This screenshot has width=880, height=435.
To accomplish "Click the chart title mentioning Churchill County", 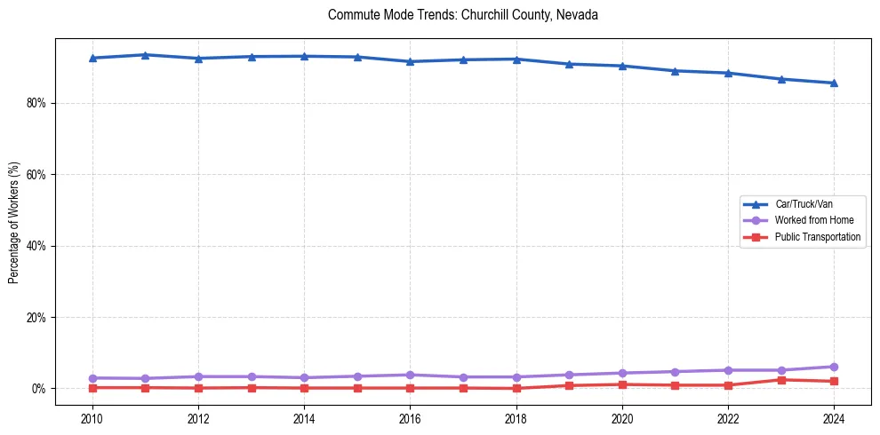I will click(463, 15).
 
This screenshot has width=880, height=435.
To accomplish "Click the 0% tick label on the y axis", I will click(38, 389).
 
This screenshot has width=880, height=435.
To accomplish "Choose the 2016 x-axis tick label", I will click(410, 419).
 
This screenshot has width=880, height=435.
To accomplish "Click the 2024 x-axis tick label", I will click(834, 419).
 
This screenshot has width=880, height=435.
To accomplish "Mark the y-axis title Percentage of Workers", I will click(14, 222).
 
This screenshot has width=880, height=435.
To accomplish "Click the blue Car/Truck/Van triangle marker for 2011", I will click(146, 55).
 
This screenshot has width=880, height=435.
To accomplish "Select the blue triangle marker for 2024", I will click(834, 83).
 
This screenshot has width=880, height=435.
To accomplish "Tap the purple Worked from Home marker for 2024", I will click(834, 367).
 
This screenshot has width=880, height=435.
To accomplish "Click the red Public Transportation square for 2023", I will click(781, 380).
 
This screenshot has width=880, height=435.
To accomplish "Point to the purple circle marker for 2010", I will click(92, 378).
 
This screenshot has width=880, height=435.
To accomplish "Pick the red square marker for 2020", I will click(622, 384).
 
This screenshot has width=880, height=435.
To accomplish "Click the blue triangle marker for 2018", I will click(516, 59).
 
